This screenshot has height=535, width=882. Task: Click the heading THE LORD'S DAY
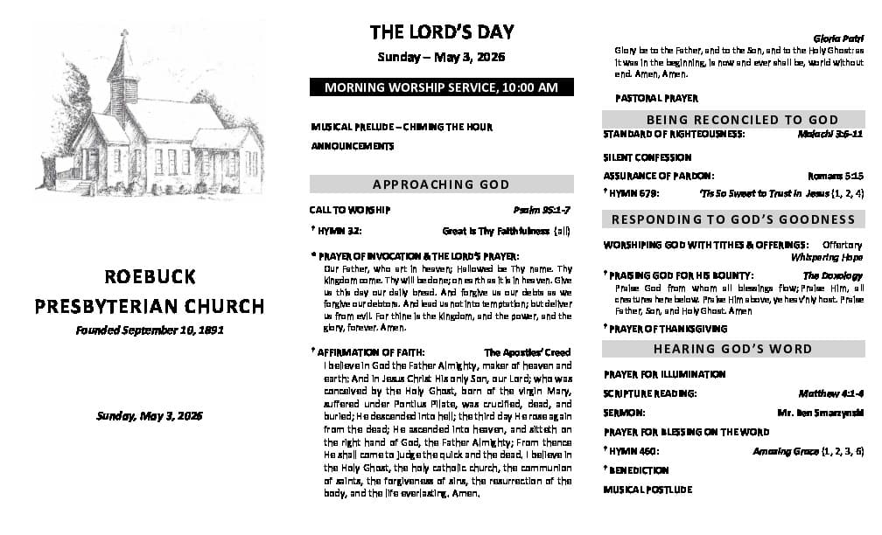pyautogui.click(x=441, y=32)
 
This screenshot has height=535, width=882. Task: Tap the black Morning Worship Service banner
pyautogui.click(x=441, y=87)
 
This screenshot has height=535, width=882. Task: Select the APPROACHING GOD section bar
pyautogui.click(x=441, y=184)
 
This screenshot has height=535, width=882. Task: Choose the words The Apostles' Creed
pyautogui.click(x=527, y=352)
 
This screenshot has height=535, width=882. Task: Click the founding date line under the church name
pyautogui.click(x=150, y=330)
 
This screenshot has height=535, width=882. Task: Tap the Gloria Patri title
pyautogui.click(x=838, y=38)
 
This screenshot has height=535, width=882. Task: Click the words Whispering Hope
pyautogui.click(x=827, y=258)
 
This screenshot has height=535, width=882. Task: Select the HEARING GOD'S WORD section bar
pyautogui.click(x=732, y=349)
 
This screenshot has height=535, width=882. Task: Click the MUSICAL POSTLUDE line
pyautogui.click(x=647, y=490)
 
